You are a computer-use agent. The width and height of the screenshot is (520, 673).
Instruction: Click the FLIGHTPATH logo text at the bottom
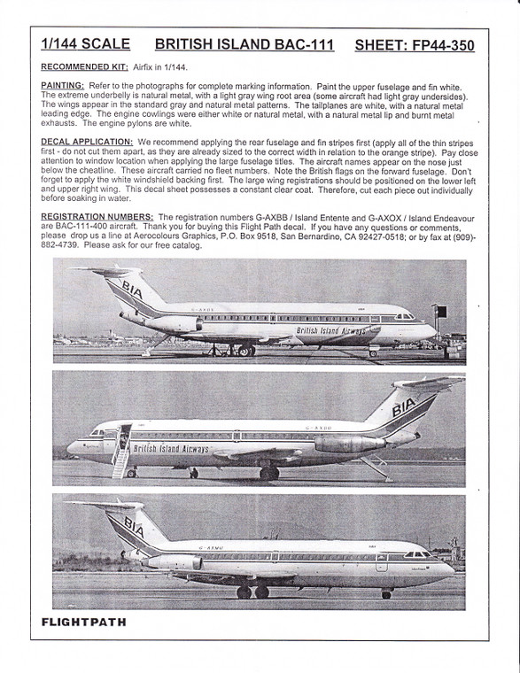click(x=85, y=622)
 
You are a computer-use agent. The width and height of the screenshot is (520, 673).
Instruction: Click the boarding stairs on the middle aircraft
click(x=120, y=452)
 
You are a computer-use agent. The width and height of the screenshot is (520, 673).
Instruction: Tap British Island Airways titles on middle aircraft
click(x=171, y=449)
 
